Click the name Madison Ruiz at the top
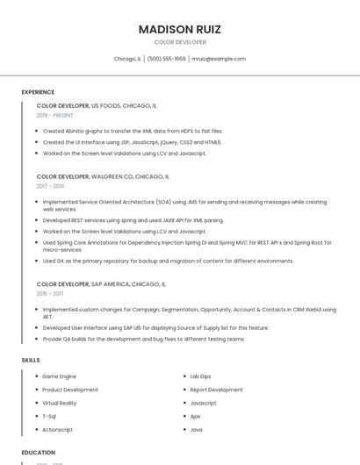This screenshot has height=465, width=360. click(x=180, y=29)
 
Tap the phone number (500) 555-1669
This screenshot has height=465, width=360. click(x=167, y=59)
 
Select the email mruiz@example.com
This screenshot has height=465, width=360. click(x=219, y=59)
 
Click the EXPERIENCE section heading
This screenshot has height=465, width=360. click(x=38, y=92)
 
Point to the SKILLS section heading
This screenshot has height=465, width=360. click(x=31, y=360)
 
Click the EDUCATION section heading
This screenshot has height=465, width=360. click(x=39, y=453)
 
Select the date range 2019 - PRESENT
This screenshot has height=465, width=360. click(x=55, y=115)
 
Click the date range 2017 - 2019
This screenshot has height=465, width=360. click(x=50, y=186)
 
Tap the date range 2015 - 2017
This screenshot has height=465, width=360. click(x=50, y=294)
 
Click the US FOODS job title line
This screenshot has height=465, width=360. click(x=97, y=105)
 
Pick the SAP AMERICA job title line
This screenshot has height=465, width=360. click(x=101, y=284)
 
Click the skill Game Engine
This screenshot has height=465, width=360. click(x=59, y=376)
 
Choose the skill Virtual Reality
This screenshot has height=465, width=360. click(x=60, y=403)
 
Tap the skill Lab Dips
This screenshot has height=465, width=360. click(x=202, y=376)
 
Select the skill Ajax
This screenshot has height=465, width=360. click(x=196, y=416)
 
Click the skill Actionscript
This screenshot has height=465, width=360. click(x=57, y=430)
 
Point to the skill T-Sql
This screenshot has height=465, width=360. click(x=49, y=416)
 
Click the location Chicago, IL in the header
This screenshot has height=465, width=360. click(x=127, y=59)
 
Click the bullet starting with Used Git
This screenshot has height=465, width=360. click(x=168, y=261)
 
